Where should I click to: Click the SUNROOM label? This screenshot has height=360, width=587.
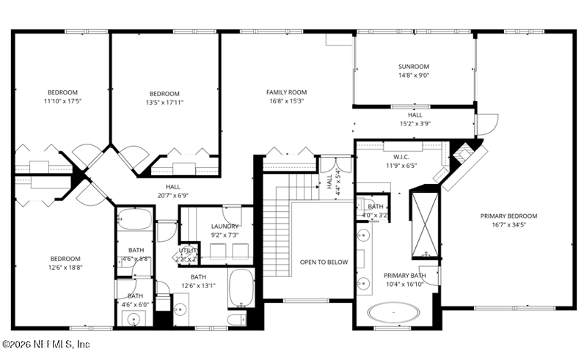coord(413,67)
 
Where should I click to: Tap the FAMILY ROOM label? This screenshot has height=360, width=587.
coord(286,92)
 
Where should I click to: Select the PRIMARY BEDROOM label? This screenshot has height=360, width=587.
coord(508,216)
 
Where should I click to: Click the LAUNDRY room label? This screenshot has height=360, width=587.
coord(225,227)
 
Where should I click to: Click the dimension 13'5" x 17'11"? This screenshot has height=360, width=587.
coord(164,103)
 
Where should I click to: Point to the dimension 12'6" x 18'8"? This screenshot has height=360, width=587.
coord(65,268)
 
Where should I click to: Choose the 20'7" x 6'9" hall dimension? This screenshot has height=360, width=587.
coord(172,196)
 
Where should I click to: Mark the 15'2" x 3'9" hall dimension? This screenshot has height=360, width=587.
coord(415,124)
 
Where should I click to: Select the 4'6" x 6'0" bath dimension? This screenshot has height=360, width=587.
coord(136,304)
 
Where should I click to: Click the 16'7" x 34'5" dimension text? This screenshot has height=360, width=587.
coord(508,225)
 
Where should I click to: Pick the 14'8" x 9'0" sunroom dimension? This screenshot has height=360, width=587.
coord(413,76)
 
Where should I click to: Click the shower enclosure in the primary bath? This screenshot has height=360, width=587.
coord(424,226)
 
